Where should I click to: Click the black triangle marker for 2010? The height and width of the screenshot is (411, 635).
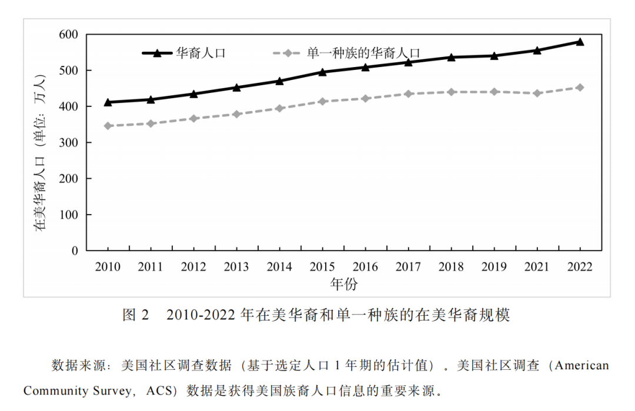(x=108, y=102)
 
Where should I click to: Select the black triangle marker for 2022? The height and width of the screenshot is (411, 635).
(x=580, y=42)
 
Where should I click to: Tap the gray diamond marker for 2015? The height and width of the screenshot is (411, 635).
(x=322, y=102)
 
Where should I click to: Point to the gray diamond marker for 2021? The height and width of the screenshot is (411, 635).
(x=537, y=93)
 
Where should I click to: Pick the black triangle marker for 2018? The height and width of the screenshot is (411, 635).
(x=451, y=57)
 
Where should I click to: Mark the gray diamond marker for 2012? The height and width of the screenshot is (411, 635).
(x=193, y=119)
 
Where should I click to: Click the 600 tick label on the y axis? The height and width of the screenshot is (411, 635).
(x=68, y=35)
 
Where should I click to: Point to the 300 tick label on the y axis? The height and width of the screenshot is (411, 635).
(x=68, y=143)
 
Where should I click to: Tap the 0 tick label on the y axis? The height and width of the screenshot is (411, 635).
(x=75, y=251)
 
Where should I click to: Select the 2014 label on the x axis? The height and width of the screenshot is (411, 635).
(x=279, y=268)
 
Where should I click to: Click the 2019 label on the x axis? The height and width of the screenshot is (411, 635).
(x=494, y=268)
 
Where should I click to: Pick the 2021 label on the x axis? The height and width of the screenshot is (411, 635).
(x=537, y=268)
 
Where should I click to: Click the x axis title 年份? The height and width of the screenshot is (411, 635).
(x=343, y=285)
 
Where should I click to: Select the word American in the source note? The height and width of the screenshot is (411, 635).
(x=581, y=365)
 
